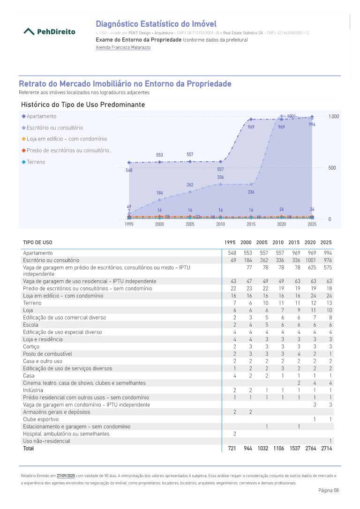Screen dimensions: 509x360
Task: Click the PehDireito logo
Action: pos(49,32)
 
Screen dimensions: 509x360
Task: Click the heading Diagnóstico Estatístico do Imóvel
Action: pos(156,24)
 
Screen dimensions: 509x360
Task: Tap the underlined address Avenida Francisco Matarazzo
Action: pos(123,47)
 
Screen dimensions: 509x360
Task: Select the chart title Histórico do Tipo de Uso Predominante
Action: pos(83,105)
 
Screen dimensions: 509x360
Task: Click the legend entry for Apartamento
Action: pos(41,116)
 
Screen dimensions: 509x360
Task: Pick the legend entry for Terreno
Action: pos(36,162)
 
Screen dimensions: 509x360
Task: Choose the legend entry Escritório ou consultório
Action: pos(54,127)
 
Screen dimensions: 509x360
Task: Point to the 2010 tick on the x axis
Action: pos(220,225)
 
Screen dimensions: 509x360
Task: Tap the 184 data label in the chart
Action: pos(159,193)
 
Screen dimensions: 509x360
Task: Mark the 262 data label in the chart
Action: pos(190,185)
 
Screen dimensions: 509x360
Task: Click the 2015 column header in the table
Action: pos(294,242)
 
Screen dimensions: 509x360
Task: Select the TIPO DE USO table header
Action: pos(37,242)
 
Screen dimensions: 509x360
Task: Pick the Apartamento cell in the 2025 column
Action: pos(327,253)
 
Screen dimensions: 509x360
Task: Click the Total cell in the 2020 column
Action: pos(310,449)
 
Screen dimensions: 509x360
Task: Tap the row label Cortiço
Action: pos(31,346)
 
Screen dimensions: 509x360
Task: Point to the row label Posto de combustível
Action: pos(47,353)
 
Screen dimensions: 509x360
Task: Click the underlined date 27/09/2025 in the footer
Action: pos(66,475)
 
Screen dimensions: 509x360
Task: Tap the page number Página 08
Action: pos(328,490)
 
